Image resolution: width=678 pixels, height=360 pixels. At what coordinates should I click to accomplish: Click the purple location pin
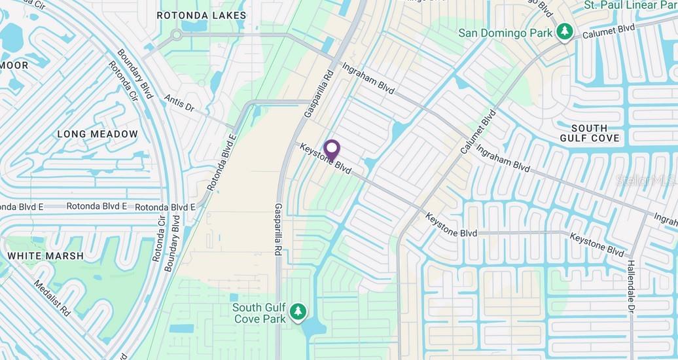(x=332, y=150)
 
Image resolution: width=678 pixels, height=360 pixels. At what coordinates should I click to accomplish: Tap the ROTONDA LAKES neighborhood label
(x=202, y=15)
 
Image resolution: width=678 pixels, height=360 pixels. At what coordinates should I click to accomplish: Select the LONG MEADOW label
(x=98, y=134)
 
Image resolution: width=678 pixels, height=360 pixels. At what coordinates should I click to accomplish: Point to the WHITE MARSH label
(x=45, y=256)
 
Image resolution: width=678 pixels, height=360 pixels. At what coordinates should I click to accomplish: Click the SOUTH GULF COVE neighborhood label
(x=589, y=133)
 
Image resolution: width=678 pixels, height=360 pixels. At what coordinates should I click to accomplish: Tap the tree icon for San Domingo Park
(x=565, y=31)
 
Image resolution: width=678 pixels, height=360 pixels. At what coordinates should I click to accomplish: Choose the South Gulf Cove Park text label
(x=260, y=313)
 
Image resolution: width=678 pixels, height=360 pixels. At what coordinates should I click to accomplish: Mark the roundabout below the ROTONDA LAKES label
(x=176, y=35)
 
